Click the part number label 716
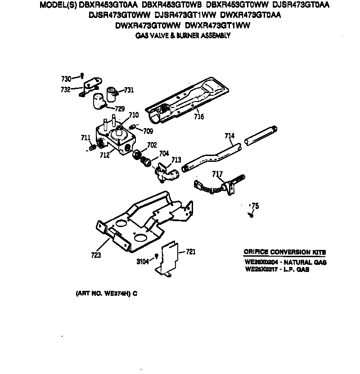point(199,117)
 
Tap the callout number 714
point(229,135)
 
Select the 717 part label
point(217,174)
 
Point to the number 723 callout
point(95,255)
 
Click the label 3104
point(143,261)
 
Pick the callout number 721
point(191,252)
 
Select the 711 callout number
point(85,137)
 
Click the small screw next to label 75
point(250,215)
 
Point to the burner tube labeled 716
point(189,99)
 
